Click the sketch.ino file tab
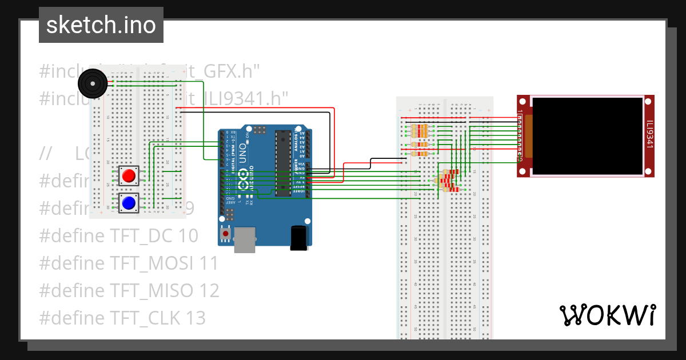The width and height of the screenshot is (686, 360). [x=101, y=25]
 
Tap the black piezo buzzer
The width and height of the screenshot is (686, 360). [x=92, y=84]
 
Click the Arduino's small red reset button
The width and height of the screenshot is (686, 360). [x=226, y=234]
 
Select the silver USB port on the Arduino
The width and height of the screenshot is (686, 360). [x=245, y=239]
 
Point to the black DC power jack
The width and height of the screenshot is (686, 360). [x=299, y=238]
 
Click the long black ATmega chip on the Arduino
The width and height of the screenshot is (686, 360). [x=282, y=163]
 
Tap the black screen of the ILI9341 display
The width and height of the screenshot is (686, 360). [x=587, y=136]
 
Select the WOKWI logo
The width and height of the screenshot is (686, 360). [x=607, y=315]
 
